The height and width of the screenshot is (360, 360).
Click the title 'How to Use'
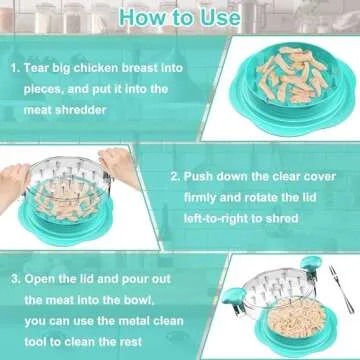coord(179,17)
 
